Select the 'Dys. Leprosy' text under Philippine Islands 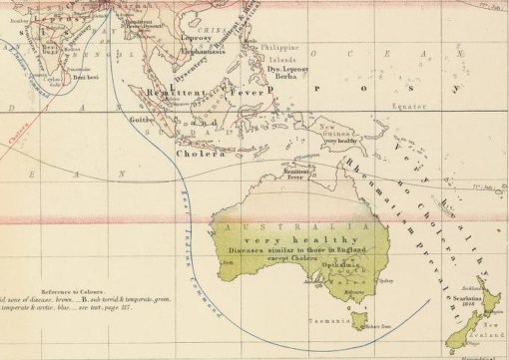pyautogui.click(x=290, y=65)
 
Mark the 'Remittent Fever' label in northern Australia pyautogui.click(x=294, y=174)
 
